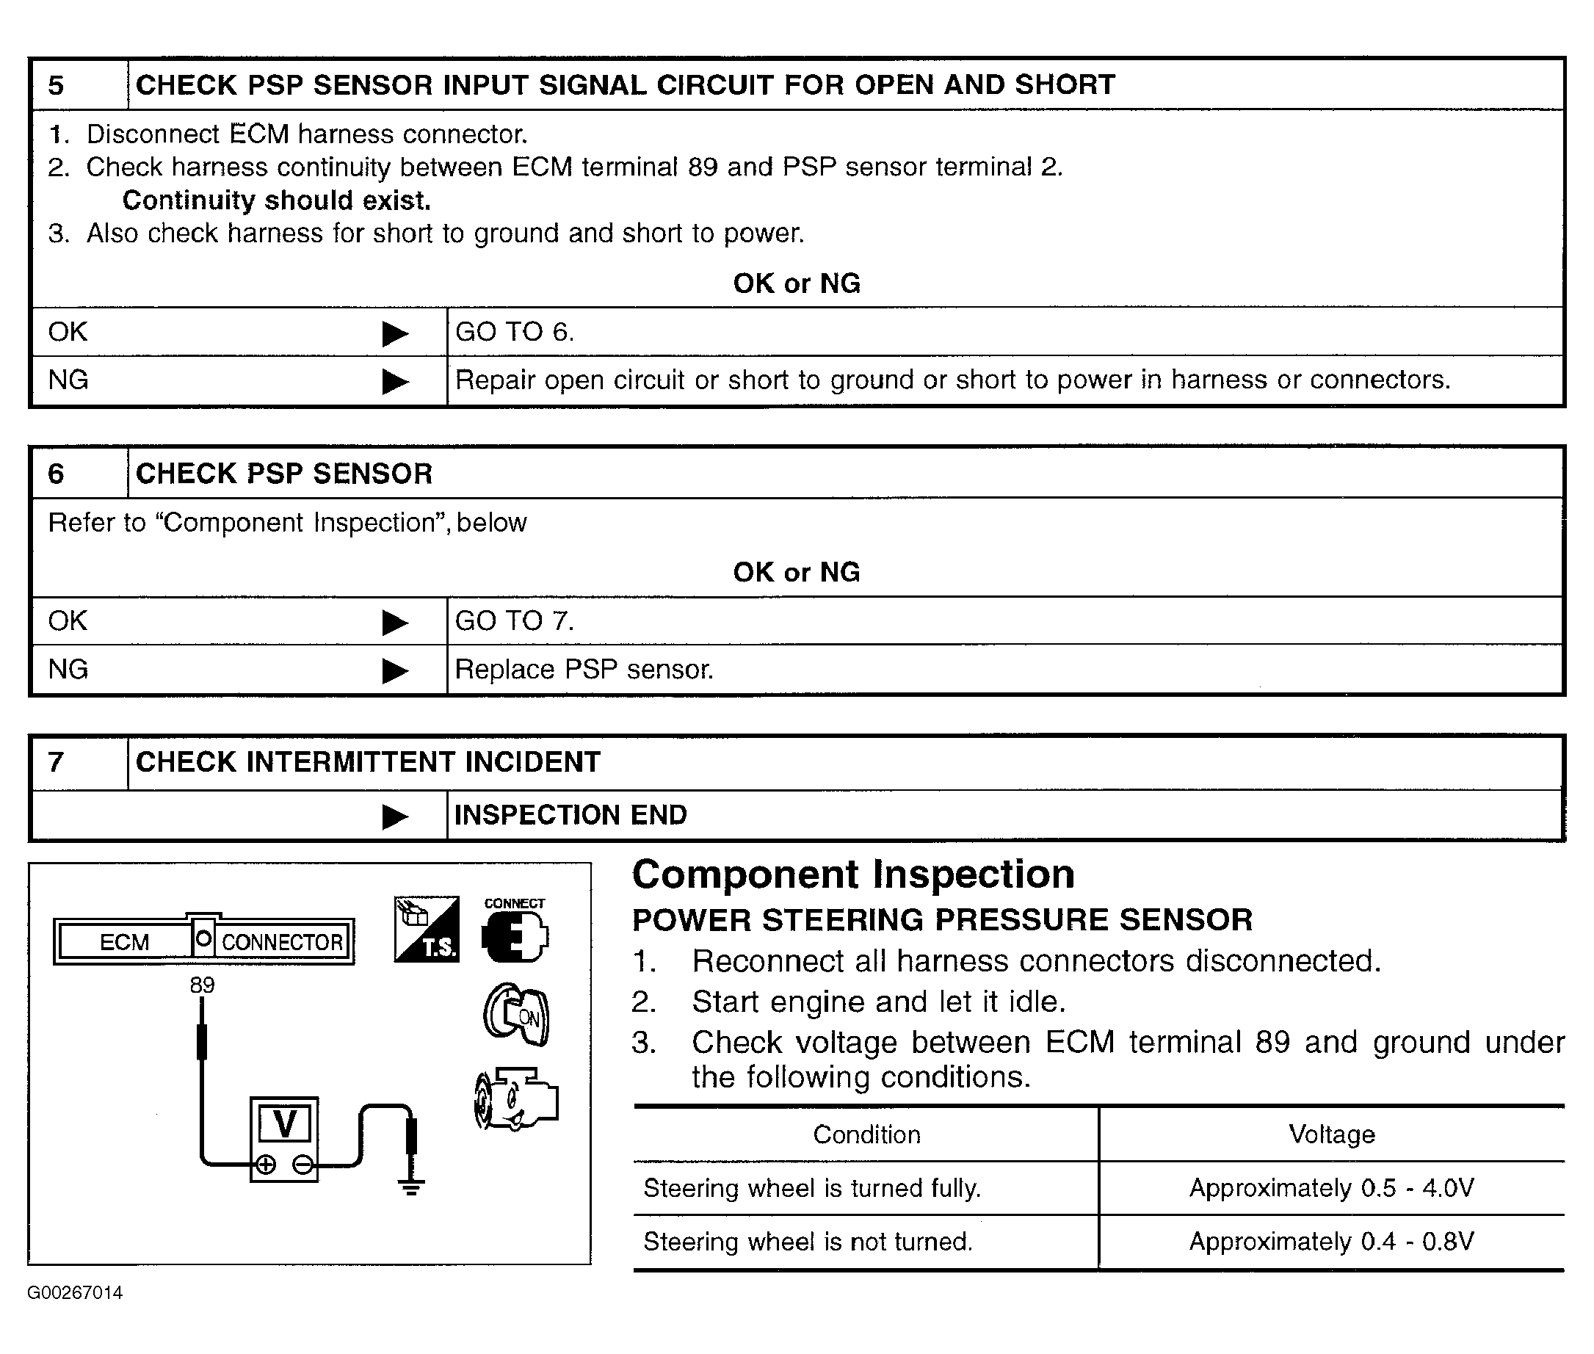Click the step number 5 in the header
(56, 85)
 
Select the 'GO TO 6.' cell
(514, 332)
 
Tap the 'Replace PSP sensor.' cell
(584, 670)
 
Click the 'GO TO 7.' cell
(514, 620)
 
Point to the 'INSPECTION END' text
(570, 814)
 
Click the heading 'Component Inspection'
(852, 875)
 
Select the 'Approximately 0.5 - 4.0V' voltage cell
(1330, 1188)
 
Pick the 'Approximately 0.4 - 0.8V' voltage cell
(1330, 1241)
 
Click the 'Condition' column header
(866, 1134)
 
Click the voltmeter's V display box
(285, 1124)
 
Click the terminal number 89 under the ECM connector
(203, 985)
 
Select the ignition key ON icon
(516, 1014)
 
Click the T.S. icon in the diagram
(427, 929)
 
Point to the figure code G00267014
(75, 1292)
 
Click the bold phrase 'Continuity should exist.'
(276, 200)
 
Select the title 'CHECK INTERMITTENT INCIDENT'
(368, 762)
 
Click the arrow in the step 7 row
(394, 816)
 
